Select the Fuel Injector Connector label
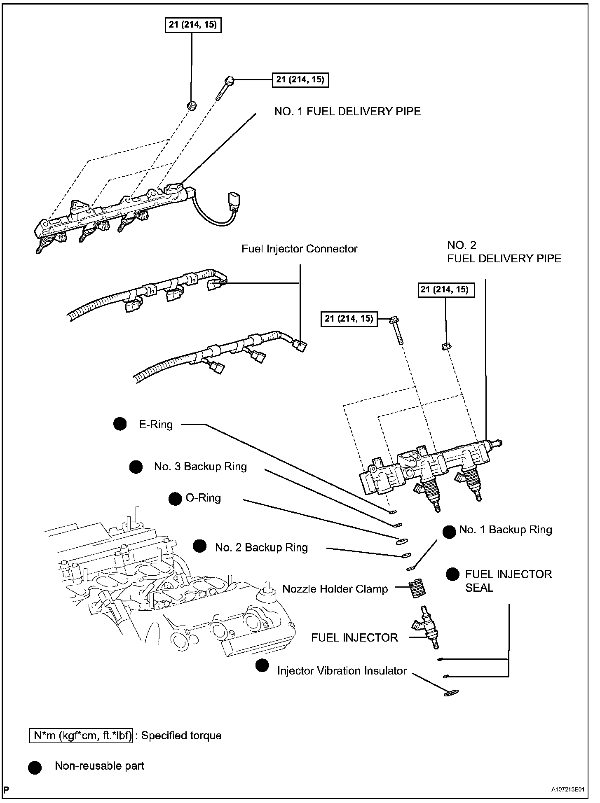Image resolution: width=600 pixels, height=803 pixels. pos(299,249)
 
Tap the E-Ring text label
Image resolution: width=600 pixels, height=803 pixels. pos(156,425)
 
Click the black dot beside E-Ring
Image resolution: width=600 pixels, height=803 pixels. pos(120,425)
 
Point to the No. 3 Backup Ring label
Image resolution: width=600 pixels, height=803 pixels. pos(200,467)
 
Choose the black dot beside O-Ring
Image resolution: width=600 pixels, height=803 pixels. pos(175,499)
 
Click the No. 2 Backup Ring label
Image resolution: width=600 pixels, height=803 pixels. pos(261,548)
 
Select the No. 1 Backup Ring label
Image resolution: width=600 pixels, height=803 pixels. pos(505,530)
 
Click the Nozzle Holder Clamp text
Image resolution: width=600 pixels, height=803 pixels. pos(335,589)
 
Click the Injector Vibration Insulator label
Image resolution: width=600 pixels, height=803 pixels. pos(342,671)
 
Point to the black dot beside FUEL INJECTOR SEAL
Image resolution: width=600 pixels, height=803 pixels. pos(452,574)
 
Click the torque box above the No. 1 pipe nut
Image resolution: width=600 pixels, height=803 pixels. pos(192,25)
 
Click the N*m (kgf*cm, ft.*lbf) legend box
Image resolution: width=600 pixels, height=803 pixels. pos(81,736)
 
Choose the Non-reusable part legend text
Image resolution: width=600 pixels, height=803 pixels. pos(99,766)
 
